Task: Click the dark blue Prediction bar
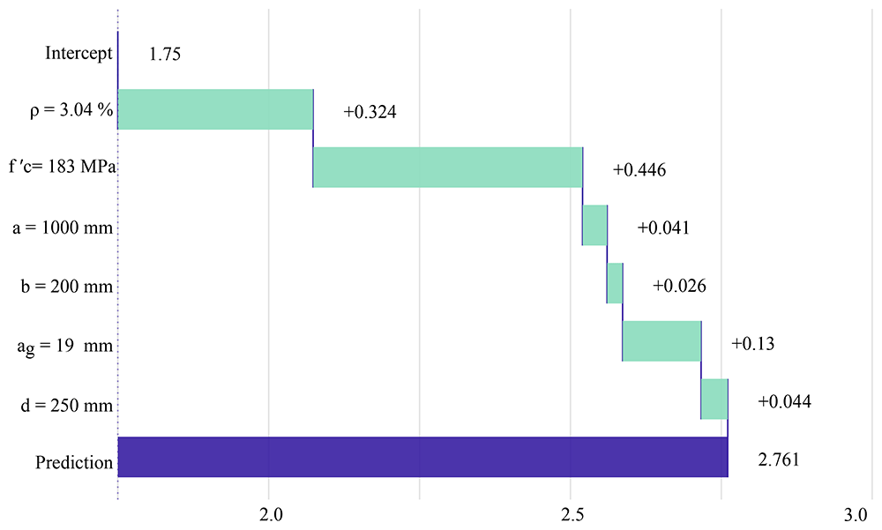coord(423,457)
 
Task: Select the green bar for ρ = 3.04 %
coord(215,109)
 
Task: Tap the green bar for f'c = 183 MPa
coord(448,167)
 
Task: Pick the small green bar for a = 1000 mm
coord(594,225)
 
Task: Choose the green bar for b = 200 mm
coord(615,283)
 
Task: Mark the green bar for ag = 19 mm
coord(662,341)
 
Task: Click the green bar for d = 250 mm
coord(714,399)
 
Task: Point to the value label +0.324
coord(370,112)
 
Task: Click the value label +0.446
coord(639,170)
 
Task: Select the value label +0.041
coord(663,228)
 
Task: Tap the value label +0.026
coord(679,286)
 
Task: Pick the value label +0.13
coord(752,344)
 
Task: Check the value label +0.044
coord(784,402)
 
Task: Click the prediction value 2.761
coord(779,459)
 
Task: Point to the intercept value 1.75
coord(165,54)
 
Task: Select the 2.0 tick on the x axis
coord(271,515)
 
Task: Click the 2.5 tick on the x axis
coord(572,515)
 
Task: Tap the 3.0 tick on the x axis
coord(856,515)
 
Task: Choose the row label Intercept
coord(78,54)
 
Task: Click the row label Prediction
coord(74,462)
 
